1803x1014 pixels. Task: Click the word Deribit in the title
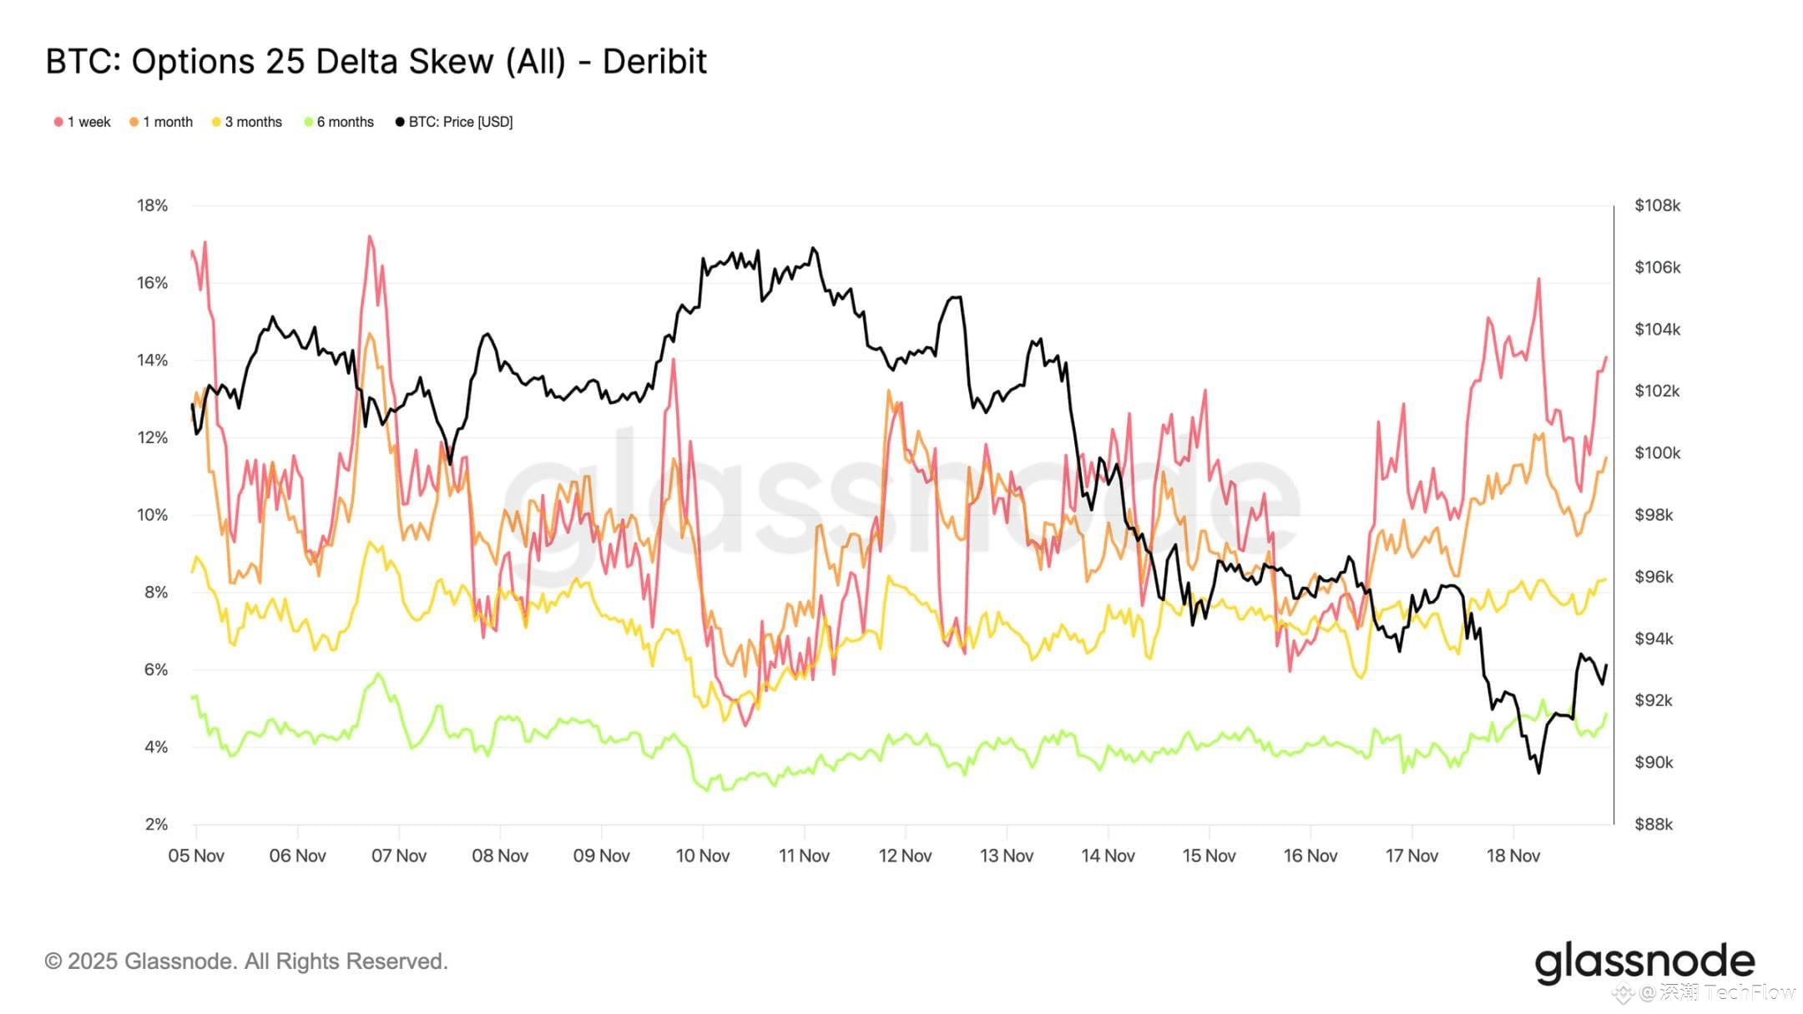pyautogui.click(x=654, y=62)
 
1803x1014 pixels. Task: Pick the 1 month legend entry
pyautogui.click(x=161, y=122)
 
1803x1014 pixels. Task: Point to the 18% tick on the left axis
pyautogui.click(x=153, y=205)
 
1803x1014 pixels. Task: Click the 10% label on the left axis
pyautogui.click(x=153, y=515)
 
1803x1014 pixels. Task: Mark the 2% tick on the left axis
pyautogui.click(x=156, y=825)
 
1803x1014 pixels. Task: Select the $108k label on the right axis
pyautogui.click(x=1657, y=205)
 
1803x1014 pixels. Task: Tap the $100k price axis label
pyautogui.click(x=1657, y=453)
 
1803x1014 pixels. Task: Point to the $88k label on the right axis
pyautogui.click(x=1654, y=825)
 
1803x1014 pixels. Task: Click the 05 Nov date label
pyautogui.click(x=196, y=855)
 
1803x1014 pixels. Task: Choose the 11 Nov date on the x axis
pyautogui.click(x=804, y=855)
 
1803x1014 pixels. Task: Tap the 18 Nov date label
pyautogui.click(x=1513, y=855)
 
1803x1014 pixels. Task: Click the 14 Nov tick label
pyautogui.click(x=1108, y=855)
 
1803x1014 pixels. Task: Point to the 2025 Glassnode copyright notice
pyautogui.click(x=246, y=961)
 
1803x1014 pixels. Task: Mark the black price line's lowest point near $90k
pyautogui.click(x=1538, y=772)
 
